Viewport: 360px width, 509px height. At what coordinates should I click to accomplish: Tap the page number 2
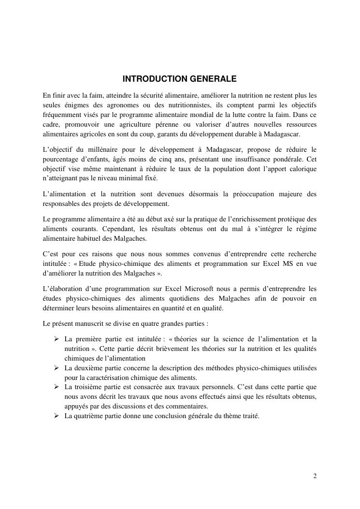pos(315,476)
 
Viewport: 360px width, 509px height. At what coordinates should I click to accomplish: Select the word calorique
pos(302,169)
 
